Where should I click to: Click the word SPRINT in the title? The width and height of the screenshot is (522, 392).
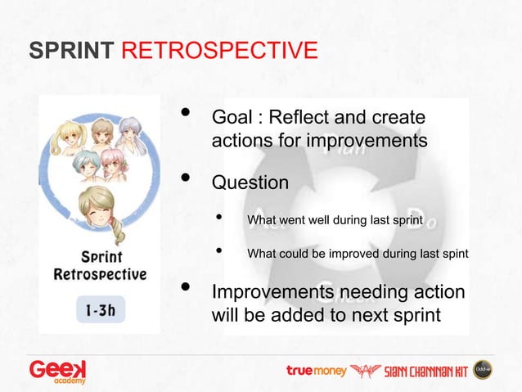[71, 50]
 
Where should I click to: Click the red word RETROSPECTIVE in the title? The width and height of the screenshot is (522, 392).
[219, 50]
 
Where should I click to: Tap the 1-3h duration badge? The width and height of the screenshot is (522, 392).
[101, 309]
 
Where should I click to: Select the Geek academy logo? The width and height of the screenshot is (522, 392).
[57, 372]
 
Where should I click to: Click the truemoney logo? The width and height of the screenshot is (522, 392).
[317, 371]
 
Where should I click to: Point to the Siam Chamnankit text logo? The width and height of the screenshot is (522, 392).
[426, 372]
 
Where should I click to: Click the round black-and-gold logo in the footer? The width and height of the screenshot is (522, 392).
[483, 370]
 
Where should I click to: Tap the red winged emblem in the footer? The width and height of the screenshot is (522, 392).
[366, 371]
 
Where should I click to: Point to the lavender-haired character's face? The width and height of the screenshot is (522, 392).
[131, 133]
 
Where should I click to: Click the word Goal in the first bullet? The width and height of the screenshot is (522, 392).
[232, 117]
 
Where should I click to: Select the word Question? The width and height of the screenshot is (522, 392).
[250, 182]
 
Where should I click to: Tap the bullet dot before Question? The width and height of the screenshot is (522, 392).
[186, 178]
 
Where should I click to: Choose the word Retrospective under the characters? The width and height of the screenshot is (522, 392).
[100, 274]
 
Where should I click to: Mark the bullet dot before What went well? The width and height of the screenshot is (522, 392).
[218, 217]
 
